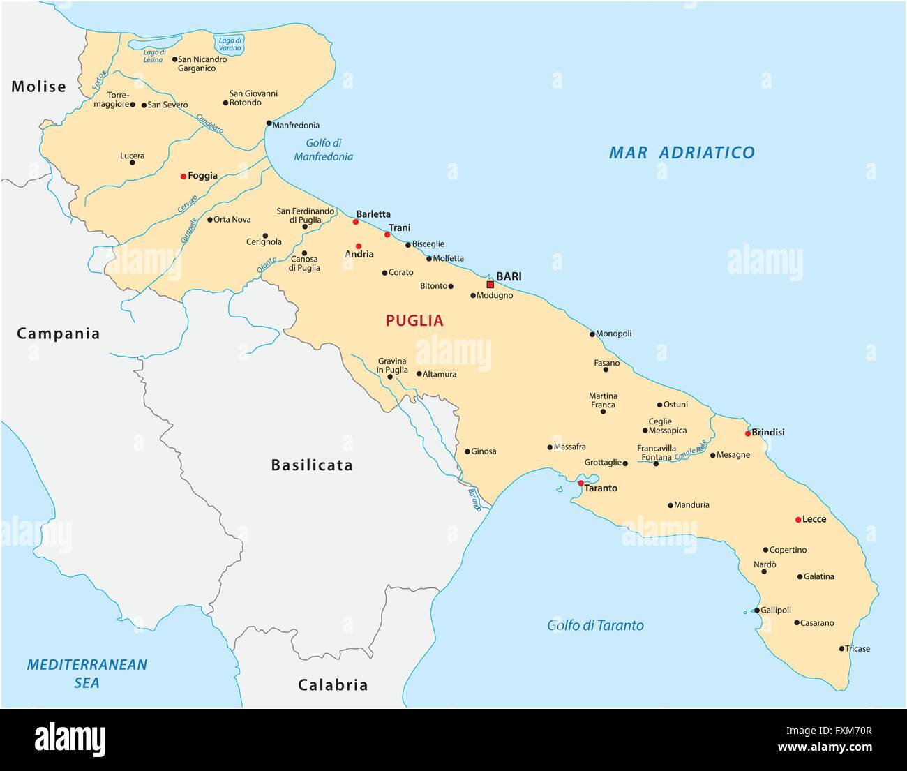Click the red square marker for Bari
pyautogui.click(x=490, y=285)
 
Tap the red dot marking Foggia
pyautogui.click(x=183, y=177)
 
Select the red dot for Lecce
pyautogui.click(x=798, y=520)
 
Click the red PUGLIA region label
pyautogui.click(x=414, y=321)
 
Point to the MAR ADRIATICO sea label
pyautogui.click(x=681, y=152)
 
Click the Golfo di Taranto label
pyautogui.click(x=595, y=625)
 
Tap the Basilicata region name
pyautogui.click(x=312, y=465)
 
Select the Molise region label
pyautogui.click(x=38, y=87)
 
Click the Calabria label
pyautogui.click(x=333, y=684)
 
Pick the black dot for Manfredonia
pyautogui.click(x=269, y=123)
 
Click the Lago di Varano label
pyautogui.click(x=230, y=45)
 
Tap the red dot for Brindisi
pyautogui.click(x=747, y=433)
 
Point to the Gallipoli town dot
pyautogui.click(x=757, y=610)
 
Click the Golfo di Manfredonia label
pyautogui.click(x=323, y=150)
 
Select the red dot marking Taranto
pyautogui.click(x=580, y=483)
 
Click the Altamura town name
pyautogui.click(x=440, y=375)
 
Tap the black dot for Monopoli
pyautogui.click(x=592, y=334)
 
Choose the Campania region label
pyautogui.click(x=59, y=334)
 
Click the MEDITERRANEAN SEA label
pyautogui.click(x=87, y=673)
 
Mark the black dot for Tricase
pyautogui.click(x=841, y=649)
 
